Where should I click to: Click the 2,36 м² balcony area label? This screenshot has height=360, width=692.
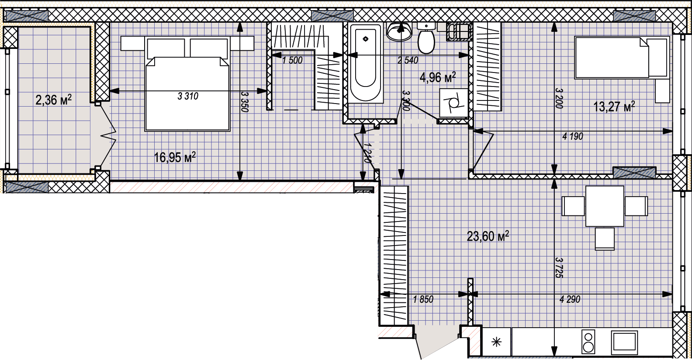coord(53,100)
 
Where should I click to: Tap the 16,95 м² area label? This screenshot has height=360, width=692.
coord(175,157)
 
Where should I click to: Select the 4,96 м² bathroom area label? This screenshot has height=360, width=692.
coord(438,77)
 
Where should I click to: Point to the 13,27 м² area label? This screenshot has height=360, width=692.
coord(614,107)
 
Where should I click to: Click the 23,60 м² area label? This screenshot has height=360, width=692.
coord(488,236)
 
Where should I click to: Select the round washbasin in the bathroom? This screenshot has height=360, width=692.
coord(399,31)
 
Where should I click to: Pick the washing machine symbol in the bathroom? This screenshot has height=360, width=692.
coord(454,104)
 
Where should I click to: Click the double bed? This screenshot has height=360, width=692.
coord(187,84)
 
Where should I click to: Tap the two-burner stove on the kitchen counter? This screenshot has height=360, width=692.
coord(588,342)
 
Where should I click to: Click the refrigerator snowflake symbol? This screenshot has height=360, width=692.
coord(496,342)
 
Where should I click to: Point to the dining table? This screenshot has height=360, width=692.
coord(605,206)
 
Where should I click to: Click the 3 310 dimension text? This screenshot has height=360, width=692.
coord(188,96)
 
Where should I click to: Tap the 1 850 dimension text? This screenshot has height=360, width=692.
coord(423,299)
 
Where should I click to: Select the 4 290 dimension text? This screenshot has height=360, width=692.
coord(570,299)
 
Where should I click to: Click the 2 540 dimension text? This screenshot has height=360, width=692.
coord(408,60)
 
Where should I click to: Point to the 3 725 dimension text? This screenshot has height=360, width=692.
coord(559,268)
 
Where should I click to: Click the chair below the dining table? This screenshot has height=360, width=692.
coord(605,239)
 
